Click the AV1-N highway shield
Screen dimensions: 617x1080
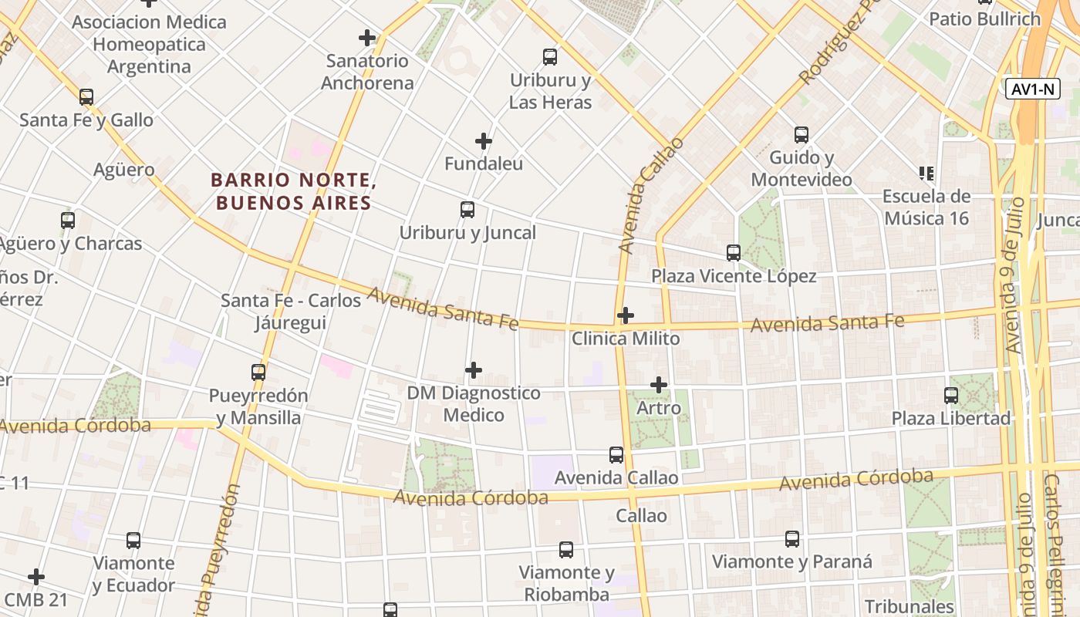[1033, 89]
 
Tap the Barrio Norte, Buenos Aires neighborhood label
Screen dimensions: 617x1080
[293, 191]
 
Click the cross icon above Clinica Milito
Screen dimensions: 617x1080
[626, 315]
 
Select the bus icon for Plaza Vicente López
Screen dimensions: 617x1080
[734, 253]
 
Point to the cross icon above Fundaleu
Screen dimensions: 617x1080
[484, 141]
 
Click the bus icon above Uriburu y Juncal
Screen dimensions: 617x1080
[467, 210]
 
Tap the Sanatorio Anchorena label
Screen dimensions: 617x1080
[367, 72]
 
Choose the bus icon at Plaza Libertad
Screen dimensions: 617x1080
[951, 396]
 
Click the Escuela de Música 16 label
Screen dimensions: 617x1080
[926, 207]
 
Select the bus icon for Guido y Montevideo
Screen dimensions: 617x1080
[802, 135]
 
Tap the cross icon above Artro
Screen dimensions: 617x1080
[659, 385]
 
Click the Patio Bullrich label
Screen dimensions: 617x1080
[984, 19]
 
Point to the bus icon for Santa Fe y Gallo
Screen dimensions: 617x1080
[86, 97]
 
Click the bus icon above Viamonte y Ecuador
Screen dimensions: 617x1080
[133, 541]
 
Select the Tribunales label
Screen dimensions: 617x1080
[910, 606]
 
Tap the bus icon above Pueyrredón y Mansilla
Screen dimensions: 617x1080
[258, 373]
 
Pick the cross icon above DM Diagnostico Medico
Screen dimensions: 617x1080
[474, 371]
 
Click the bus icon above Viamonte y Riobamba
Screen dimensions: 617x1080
[566, 550]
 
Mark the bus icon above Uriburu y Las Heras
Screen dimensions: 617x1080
[550, 57]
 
